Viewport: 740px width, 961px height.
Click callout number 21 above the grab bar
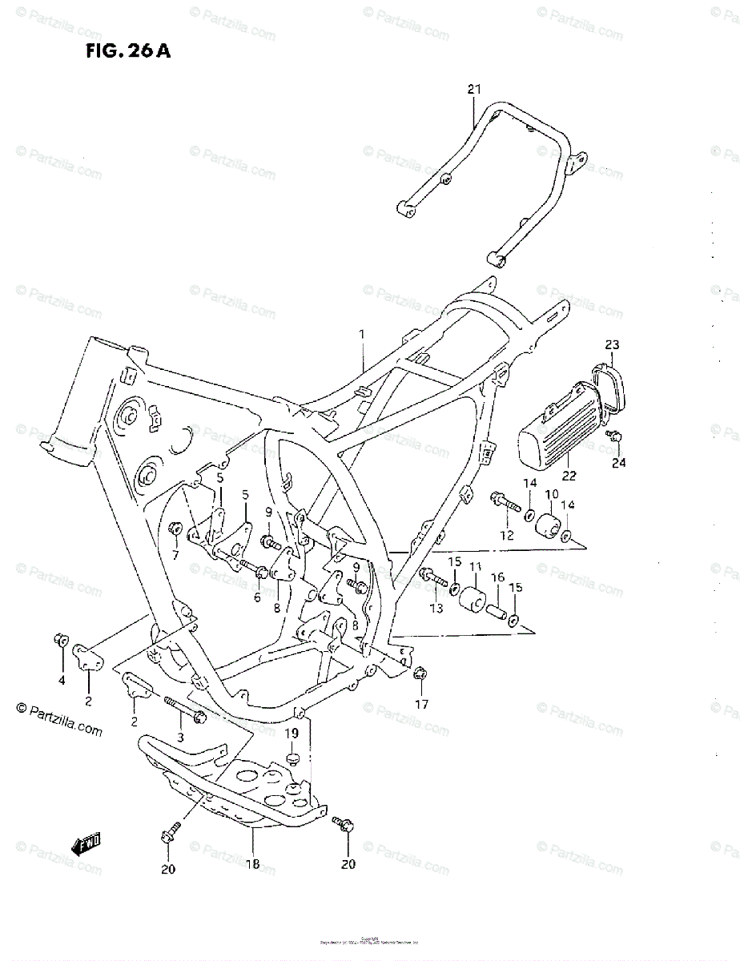tap(474, 89)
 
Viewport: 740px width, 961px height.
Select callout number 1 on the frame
tap(361, 332)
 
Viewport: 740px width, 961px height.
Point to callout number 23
tap(612, 345)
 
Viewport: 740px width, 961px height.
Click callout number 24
tap(620, 462)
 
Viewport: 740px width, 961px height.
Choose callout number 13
tap(436, 609)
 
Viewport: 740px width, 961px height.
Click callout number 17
tap(421, 705)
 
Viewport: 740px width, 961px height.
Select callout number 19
tap(293, 733)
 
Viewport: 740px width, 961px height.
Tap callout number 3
tap(181, 736)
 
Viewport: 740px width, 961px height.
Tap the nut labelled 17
tap(419, 674)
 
